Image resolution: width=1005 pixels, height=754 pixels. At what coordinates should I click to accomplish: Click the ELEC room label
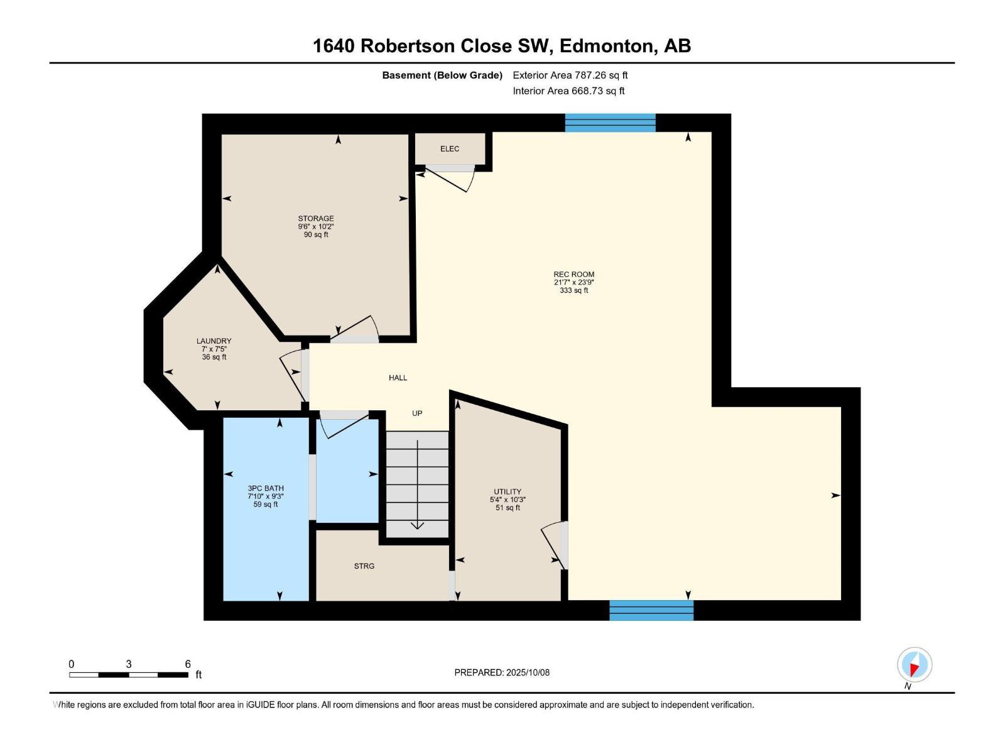[x=449, y=149]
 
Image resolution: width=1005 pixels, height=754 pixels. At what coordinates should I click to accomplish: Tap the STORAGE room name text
[x=315, y=219]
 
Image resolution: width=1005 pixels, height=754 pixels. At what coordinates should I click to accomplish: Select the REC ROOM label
[x=573, y=275]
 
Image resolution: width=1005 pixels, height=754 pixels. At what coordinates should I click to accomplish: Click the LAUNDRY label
[x=214, y=341]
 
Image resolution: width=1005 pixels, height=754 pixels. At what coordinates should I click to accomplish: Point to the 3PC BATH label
[x=266, y=488]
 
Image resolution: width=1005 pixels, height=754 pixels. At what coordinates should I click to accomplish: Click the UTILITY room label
[x=507, y=492]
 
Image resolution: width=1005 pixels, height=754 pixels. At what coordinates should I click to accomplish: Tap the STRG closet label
[x=364, y=566]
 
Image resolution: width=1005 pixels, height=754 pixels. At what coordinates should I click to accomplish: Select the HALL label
[x=398, y=378]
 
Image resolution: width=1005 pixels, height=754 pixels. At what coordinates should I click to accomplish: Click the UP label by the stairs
[x=417, y=413]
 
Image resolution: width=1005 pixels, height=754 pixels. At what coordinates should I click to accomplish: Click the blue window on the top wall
[x=610, y=123]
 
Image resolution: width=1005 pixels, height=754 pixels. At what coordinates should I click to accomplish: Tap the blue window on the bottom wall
[x=651, y=610]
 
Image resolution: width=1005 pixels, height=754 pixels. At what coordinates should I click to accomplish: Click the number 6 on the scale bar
[x=188, y=664]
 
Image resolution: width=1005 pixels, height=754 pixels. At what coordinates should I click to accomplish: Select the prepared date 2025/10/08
[x=528, y=672]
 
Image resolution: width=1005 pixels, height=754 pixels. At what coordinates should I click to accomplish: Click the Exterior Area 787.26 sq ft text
[x=570, y=75]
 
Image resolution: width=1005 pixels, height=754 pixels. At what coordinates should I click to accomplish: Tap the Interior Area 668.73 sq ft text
[x=568, y=91]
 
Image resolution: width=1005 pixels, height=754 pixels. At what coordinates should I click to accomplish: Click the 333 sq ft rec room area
[x=573, y=290]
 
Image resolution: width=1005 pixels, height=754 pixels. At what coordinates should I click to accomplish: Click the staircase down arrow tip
[x=417, y=528]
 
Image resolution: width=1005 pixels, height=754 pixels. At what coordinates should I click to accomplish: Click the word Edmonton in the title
[x=606, y=46]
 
